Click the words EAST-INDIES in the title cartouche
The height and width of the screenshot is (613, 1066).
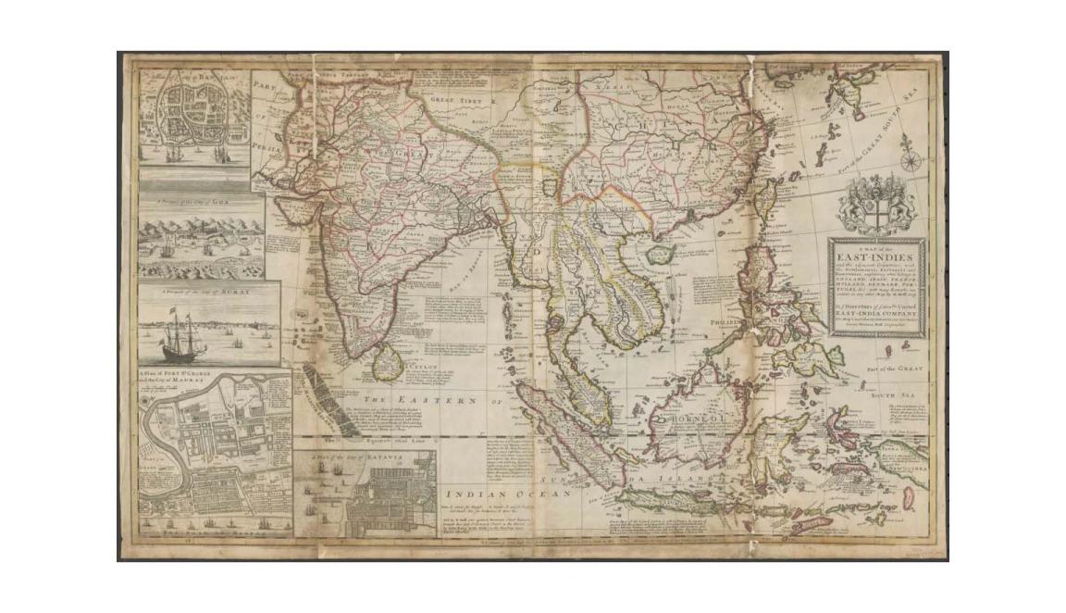click(874, 256)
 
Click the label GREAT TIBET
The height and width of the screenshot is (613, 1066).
click(457, 99)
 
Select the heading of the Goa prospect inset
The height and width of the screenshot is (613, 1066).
click(196, 200)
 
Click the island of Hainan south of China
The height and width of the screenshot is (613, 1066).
click(659, 253)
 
